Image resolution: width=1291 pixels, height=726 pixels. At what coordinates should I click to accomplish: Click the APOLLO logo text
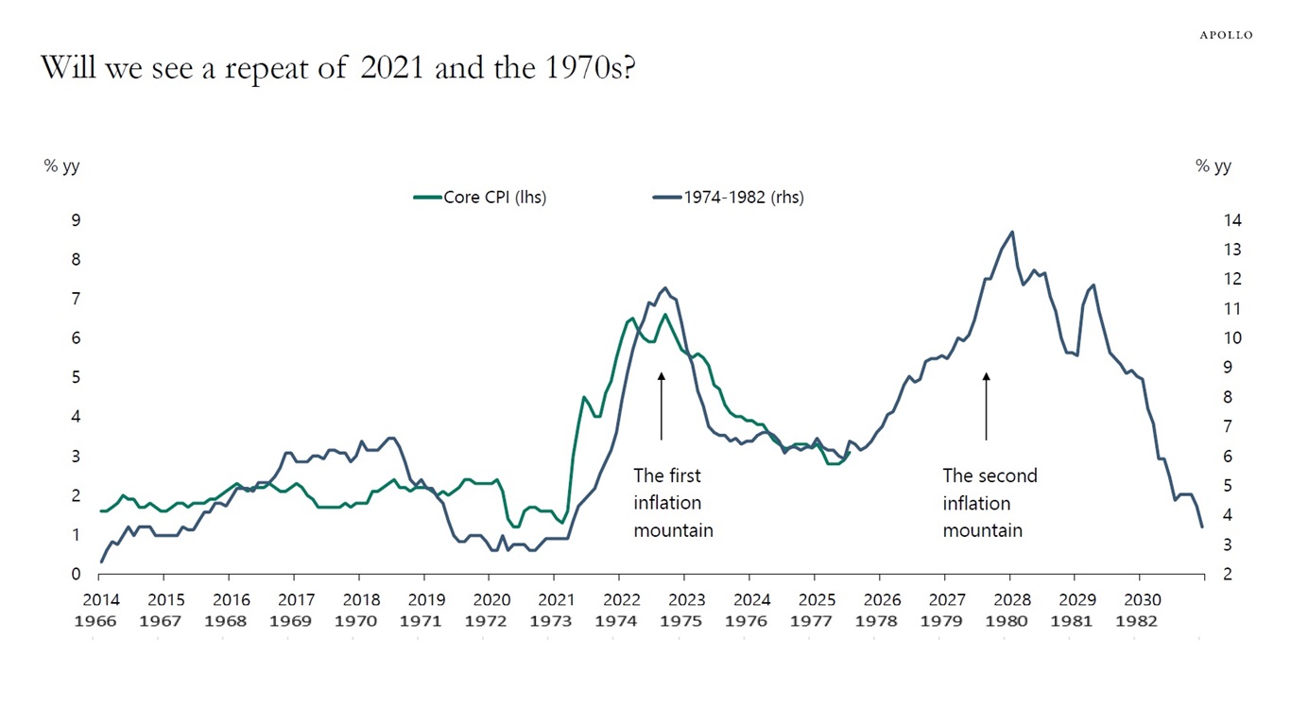(1226, 35)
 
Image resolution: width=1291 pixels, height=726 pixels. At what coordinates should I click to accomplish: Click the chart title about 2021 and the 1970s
(337, 68)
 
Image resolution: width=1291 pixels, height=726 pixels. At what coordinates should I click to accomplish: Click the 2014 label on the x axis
(100, 599)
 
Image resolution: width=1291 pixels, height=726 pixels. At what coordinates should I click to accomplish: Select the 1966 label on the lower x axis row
(100, 621)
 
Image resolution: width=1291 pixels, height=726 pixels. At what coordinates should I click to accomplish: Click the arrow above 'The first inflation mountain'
(662, 406)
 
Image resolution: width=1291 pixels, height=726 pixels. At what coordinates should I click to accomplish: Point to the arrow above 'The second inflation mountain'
(986, 406)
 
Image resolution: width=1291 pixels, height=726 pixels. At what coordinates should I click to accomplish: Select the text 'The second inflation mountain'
(990, 503)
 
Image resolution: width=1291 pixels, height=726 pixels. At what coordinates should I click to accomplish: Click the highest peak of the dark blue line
(1012, 232)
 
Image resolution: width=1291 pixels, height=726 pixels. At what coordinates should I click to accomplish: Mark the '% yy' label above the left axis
(62, 166)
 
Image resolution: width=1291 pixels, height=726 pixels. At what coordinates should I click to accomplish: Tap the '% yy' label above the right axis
(1214, 166)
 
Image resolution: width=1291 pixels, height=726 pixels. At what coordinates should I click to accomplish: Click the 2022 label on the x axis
(621, 599)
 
